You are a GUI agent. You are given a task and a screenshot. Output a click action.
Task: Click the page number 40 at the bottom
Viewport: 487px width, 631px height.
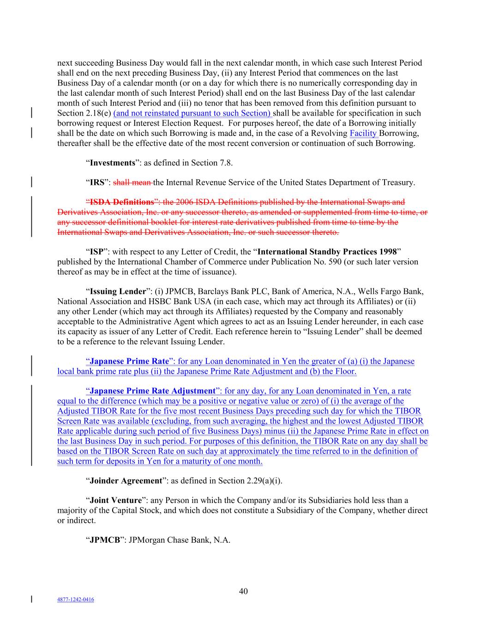(243, 591)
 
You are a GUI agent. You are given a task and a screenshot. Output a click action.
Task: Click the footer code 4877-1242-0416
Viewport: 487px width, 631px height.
(76, 600)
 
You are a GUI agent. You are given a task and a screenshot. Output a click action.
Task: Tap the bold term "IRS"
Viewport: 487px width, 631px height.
(97, 183)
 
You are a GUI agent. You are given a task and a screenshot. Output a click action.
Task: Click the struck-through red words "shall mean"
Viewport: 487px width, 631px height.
(132, 183)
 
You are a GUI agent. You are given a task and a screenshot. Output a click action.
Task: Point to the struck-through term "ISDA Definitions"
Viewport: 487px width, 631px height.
(121, 202)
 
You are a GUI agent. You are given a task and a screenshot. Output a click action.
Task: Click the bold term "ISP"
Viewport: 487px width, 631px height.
(96, 252)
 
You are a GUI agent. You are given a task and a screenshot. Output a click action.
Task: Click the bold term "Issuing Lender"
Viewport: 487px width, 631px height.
(118, 292)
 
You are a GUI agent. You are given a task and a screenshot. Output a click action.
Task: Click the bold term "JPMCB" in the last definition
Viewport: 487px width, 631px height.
(105, 540)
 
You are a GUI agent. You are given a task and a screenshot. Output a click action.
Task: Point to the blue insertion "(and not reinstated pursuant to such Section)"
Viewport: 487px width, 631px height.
(192, 113)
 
